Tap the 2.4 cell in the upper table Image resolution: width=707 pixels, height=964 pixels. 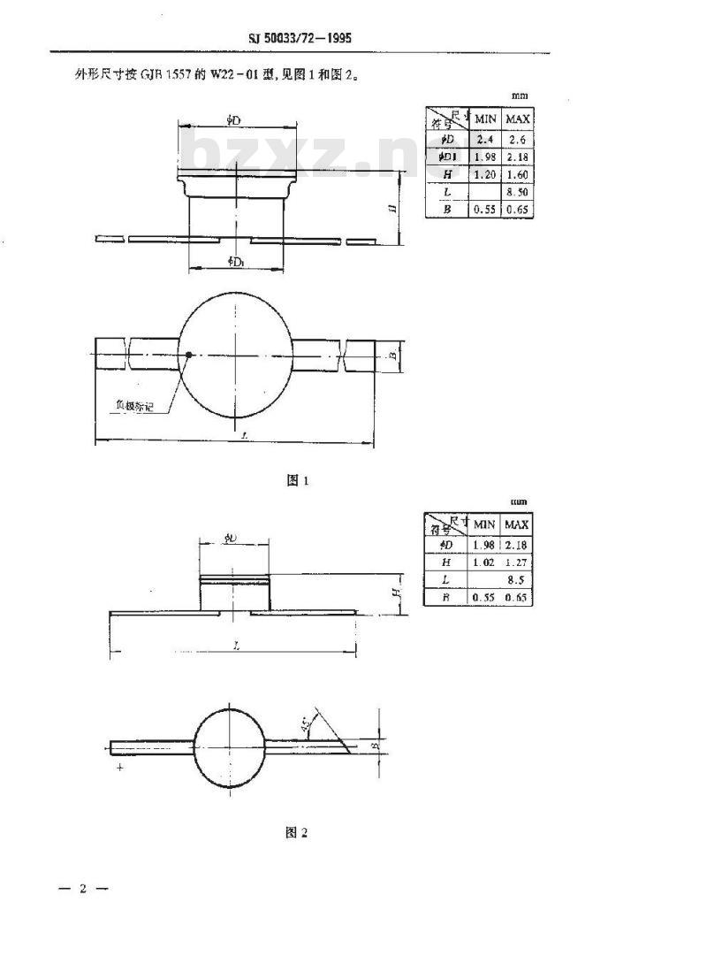(484, 139)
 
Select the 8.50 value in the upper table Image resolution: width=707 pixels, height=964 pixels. (517, 192)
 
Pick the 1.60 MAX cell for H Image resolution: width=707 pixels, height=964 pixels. (517, 174)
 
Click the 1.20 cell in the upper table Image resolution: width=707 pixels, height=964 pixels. (484, 174)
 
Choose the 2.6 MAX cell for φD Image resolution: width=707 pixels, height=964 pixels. (517, 139)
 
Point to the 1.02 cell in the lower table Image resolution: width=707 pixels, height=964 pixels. (484, 562)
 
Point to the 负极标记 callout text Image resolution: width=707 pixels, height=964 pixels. (138, 405)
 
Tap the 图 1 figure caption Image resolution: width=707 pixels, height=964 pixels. (296, 480)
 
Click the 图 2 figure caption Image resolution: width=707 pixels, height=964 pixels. (296, 832)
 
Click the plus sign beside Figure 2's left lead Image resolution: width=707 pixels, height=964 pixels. (118, 769)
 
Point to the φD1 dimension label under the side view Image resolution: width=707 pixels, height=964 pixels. (236, 261)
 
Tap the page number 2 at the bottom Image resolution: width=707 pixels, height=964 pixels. (82, 888)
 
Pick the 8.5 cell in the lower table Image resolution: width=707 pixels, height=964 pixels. (518, 580)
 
